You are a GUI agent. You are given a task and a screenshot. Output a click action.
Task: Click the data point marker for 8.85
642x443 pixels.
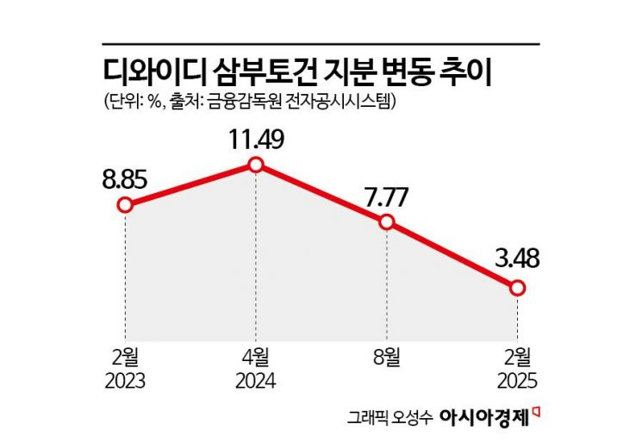pos(126,205)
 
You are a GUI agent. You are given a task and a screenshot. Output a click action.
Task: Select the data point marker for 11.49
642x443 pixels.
pos(255,164)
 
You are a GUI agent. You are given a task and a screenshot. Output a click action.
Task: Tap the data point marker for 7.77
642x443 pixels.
pos(386,222)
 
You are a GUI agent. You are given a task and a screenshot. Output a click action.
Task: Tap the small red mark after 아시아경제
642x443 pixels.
pos(536,411)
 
